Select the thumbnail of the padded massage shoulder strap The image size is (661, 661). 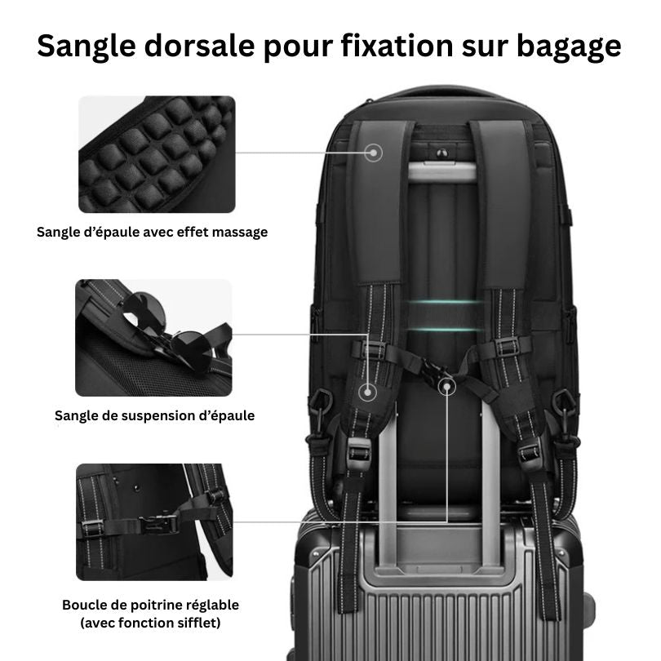click(x=156, y=154)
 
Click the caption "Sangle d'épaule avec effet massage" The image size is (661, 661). click(x=152, y=232)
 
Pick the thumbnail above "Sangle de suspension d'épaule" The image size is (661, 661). click(x=153, y=338)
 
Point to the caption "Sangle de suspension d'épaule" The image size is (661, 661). click(x=154, y=415)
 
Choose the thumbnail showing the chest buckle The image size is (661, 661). click(x=153, y=521)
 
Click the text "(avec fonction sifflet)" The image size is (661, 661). click(x=151, y=623)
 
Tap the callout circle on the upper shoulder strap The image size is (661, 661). click(x=375, y=152)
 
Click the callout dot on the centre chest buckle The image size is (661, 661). click(x=446, y=385)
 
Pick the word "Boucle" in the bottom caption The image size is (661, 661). click(x=85, y=605)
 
